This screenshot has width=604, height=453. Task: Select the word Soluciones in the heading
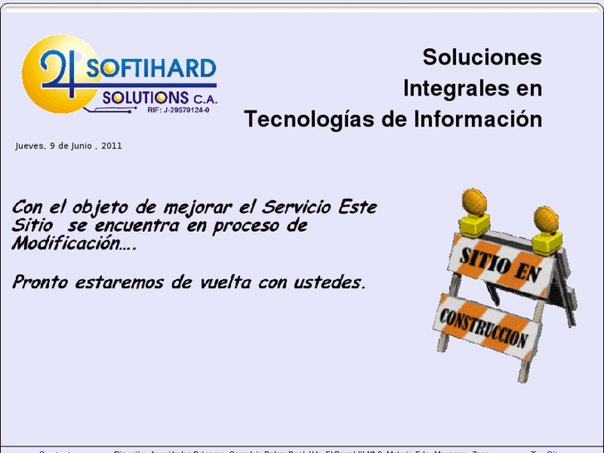click(x=482, y=57)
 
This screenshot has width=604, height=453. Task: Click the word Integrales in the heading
click(x=453, y=88)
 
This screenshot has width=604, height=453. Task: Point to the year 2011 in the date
click(x=111, y=145)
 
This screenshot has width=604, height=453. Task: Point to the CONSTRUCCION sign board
click(x=484, y=328)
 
